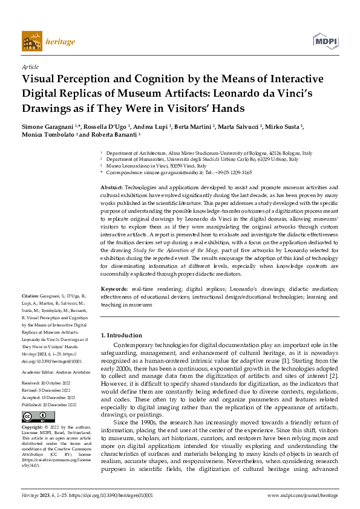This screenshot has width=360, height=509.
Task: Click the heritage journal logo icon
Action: [x=31, y=41]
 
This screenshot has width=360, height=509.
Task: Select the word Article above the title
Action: [x=30, y=68]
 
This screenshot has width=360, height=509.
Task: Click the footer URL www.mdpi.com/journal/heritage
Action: [x=303, y=495]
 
